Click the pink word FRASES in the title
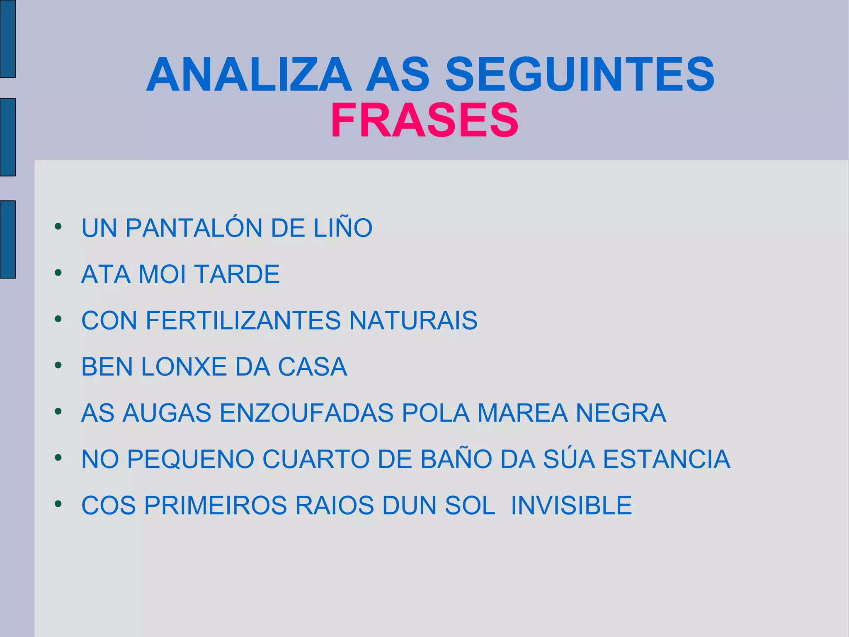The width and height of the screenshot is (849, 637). click(424, 120)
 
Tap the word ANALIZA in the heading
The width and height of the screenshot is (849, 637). click(249, 75)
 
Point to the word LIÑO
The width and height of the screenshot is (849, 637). click(343, 228)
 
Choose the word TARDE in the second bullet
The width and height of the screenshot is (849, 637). click(237, 274)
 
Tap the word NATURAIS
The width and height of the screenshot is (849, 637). click(413, 320)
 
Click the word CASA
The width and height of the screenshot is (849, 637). click(312, 367)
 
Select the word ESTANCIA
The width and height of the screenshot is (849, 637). click(666, 459)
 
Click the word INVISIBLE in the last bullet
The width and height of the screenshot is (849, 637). click(571, 505)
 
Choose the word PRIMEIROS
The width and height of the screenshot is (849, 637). click(216, 505)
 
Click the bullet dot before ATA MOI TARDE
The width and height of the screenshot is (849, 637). click(58, 273)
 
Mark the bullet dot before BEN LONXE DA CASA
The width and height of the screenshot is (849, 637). click(58, 365)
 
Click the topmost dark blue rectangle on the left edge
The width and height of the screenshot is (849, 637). click(7, 39)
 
